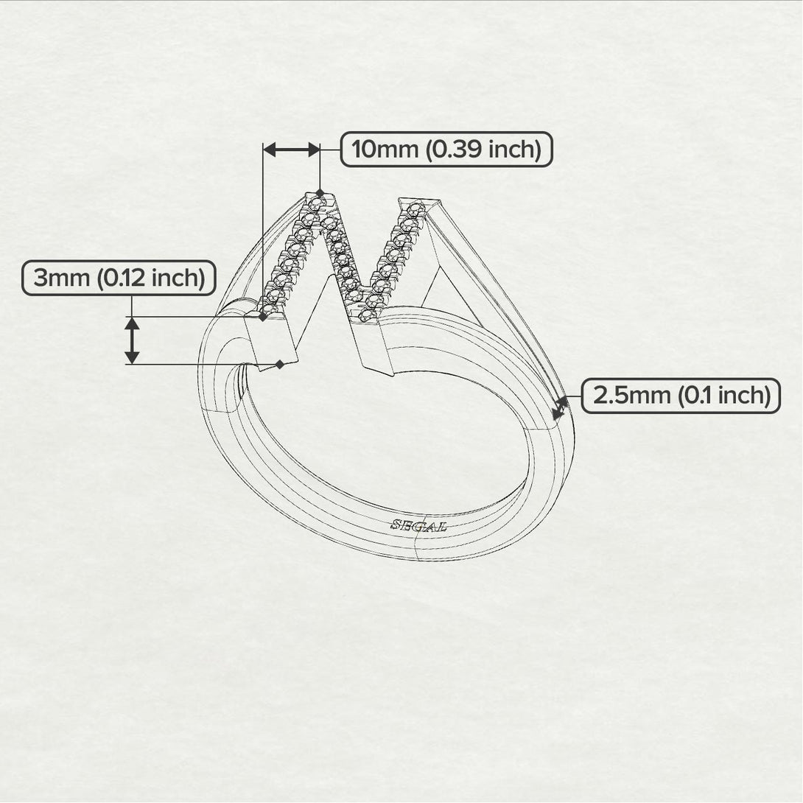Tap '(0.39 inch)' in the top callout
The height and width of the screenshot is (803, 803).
[x=483, y=150]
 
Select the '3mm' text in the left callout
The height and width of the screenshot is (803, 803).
[x=61, y=278]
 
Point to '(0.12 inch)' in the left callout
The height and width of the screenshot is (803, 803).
[x=150, y=278]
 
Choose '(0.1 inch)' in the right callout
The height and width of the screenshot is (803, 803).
[x=724, y=396]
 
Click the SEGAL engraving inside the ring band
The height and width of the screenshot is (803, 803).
[x=419, y=525]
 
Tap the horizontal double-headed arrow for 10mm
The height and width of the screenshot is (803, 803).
[x=292, y=150]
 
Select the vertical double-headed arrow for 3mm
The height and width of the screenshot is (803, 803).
[x=132, y=340]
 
